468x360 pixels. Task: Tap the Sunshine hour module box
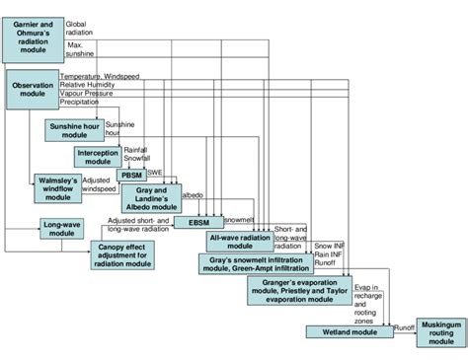point(74,131)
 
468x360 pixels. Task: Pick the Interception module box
point(97,157)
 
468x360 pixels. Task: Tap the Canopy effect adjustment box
point(123,254)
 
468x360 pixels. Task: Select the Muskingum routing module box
point(429,334)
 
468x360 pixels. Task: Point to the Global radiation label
point(82,28)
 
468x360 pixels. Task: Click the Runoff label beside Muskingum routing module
point(402,324)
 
